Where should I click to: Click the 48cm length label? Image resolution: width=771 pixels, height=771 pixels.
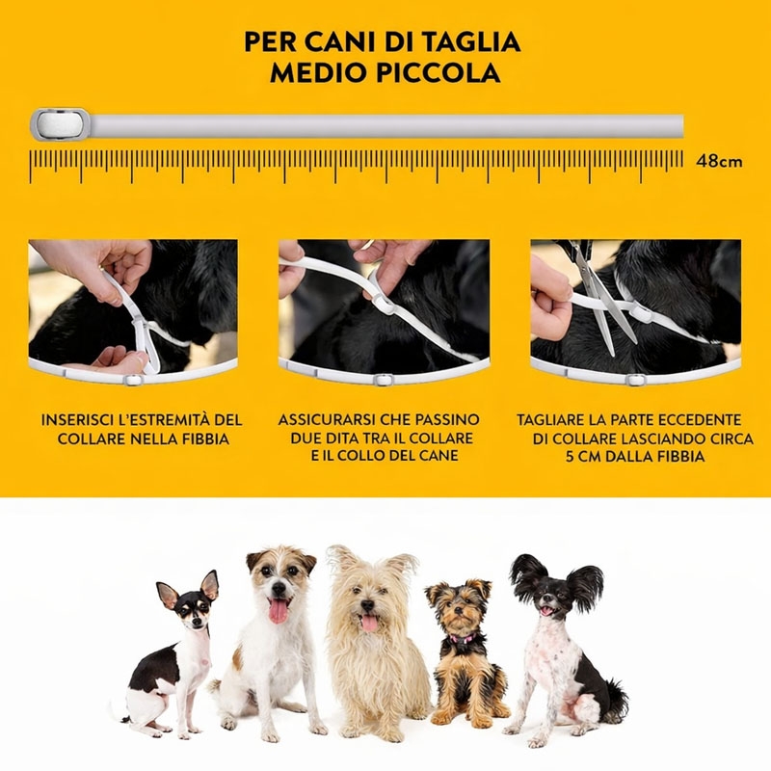[x=719, y=161]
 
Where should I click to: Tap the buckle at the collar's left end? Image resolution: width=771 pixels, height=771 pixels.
[x=61, y=124]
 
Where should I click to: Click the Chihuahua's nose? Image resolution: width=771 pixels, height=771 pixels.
[x=197, y=622]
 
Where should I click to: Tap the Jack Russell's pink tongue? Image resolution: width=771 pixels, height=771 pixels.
[x=279, y=611]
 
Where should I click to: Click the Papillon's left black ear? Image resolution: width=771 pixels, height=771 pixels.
[x=527, y=574]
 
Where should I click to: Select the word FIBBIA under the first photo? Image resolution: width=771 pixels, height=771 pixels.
[x=205, y=439]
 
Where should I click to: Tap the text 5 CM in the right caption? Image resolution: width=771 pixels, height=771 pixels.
[x=583, y=456]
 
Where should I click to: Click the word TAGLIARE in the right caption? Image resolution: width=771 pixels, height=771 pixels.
[x=548, y=420]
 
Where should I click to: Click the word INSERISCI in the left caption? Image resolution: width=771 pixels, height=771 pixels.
[x=74, y=420]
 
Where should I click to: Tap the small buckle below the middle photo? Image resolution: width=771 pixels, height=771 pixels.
[x=383, y=380]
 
